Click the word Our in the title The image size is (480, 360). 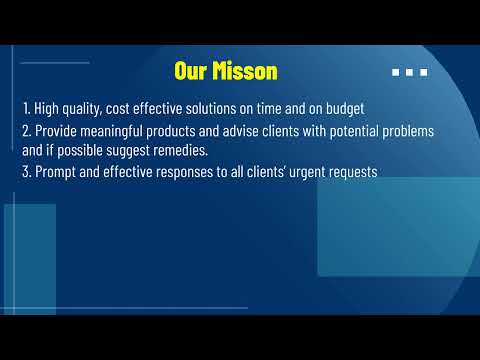click(x=191, y=71)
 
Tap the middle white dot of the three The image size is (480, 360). click(x=410, y=72)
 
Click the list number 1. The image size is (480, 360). click(x=25, y=108)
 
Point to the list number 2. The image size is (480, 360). click(x=25, y=132)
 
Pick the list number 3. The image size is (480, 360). click(x=25, y=172)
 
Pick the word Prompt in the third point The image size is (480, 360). click(x=57, y=172)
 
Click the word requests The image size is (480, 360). click(x=351, y=172)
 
